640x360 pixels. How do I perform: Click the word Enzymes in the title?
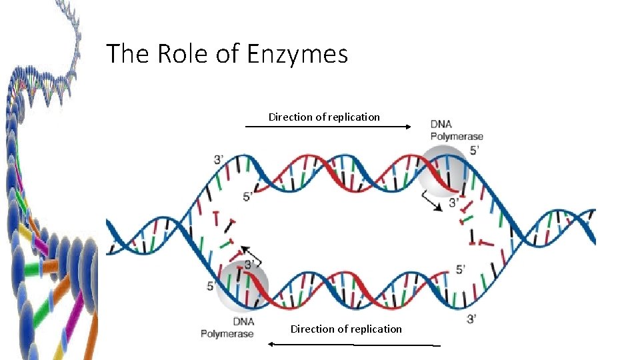[x=297, y=54]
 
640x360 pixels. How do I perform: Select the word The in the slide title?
[x=128, y=53]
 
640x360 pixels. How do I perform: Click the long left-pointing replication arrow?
[x=353, y=345]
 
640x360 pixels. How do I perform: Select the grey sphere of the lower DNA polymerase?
[x=245, y=284]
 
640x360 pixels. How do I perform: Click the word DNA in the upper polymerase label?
[x=441, y=124]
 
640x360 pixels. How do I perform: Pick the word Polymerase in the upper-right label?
[x=457, y=137]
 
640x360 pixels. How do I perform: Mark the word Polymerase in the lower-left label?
[x=227, y=333]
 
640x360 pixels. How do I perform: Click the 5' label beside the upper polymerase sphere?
[x=475, y=151]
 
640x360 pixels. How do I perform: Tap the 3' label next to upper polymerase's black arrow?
[x=454, y=202]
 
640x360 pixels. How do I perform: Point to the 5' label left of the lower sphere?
[x=211, y=286]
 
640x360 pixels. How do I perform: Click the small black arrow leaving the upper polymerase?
[x=430, y=202]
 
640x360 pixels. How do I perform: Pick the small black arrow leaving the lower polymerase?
[x=251, y=255]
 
